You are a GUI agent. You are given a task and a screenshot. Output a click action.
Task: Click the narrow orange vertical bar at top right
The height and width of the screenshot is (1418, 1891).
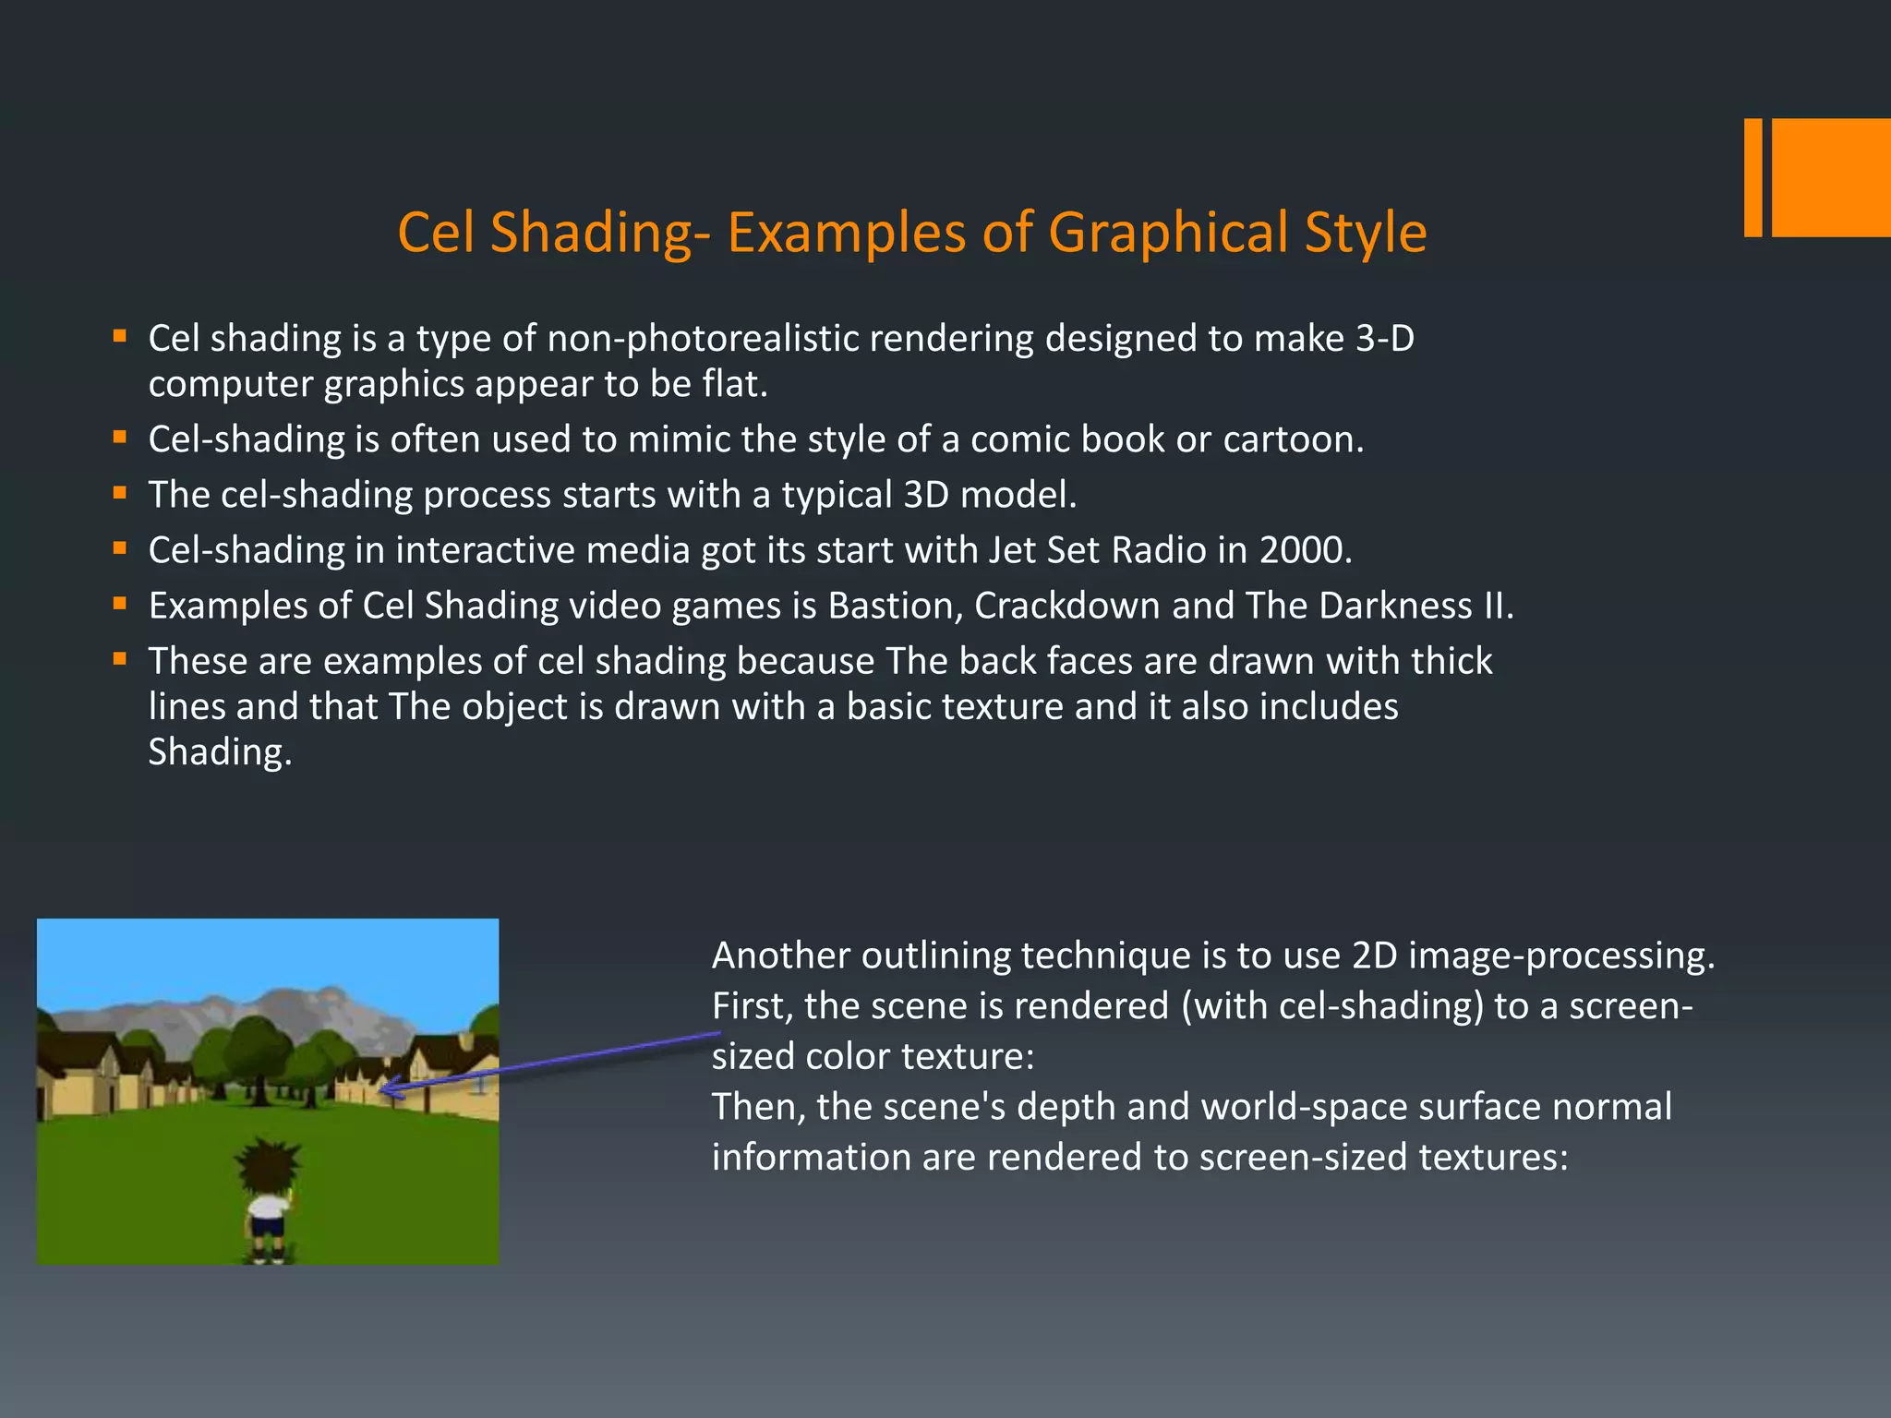coord(1752,177)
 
